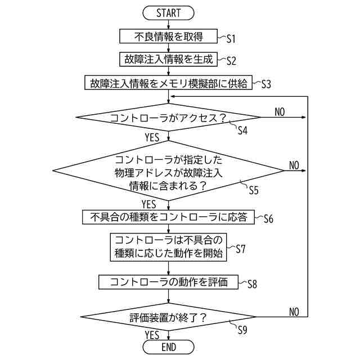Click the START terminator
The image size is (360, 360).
(169, 12)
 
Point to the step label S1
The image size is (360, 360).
(231, 39)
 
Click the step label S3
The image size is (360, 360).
(266, 85)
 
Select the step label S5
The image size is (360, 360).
(254, 190)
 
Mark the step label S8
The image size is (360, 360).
(252, 285)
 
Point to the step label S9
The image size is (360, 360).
(242, 330)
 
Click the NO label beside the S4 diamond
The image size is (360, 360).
(280, 112)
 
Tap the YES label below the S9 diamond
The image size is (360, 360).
(152, 335)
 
